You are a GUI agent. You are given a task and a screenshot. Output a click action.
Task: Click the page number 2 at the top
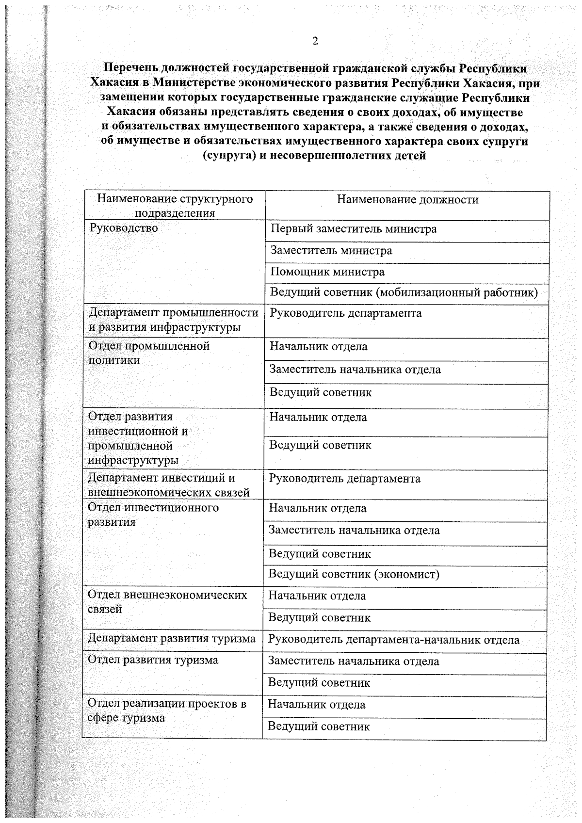point(315,42)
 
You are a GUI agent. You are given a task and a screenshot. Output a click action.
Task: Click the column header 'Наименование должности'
point(407,200)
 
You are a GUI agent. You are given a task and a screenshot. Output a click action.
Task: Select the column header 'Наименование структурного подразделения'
point(175,206)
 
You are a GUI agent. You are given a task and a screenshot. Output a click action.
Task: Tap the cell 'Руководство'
point(123,228)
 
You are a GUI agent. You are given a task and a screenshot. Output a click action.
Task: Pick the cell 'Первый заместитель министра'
point(353,229)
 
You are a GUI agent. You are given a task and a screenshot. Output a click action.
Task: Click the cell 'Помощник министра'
point(327,272)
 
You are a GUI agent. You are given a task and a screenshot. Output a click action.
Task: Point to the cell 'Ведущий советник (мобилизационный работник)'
point(404,293)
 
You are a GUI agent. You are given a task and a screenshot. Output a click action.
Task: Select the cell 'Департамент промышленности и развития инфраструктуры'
point(173,320)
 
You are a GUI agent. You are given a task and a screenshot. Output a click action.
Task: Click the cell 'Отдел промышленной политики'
point(149,353)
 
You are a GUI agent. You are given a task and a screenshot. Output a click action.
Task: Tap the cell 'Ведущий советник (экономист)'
point(354,575)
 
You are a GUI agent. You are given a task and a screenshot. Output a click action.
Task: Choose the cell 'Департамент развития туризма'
point(171,639)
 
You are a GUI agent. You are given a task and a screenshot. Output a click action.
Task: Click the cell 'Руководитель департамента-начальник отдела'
point(393,640)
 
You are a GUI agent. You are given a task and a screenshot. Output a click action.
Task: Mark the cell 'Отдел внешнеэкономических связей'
point(167,602)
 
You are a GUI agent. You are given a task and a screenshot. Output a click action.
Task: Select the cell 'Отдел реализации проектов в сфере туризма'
point(166,710)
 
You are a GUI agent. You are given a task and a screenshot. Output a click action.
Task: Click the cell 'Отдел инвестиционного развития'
point(153,515)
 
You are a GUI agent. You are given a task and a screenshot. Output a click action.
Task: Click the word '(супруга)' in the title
point(225,156)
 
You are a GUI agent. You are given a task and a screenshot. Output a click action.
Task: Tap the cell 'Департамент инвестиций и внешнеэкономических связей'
point(168,485)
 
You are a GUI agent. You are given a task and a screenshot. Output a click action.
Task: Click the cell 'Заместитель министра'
point(331,251)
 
